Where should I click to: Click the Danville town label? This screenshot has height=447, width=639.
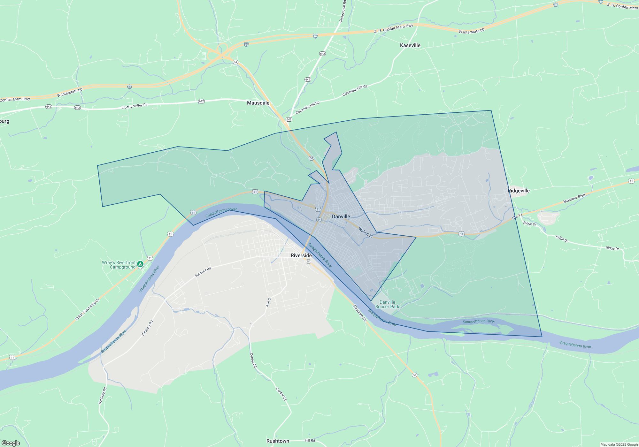pyautogui.click(x=341, y=216)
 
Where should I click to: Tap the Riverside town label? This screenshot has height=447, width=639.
pyautogui.click(x=301, y=255)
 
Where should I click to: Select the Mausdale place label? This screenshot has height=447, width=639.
pyautogui.click(x=258, y=103)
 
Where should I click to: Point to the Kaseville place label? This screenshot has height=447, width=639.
pyautogui.click(x=410, y=45)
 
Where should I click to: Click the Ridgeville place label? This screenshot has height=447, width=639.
pyautogui.click(x=519, y=191)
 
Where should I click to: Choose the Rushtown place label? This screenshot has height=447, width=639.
pyautogui.click(x=278, y=441)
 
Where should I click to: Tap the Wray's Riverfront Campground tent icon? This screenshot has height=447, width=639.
pyautogui.click(x=140, y=264)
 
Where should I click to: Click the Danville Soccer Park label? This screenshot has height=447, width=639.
pyautogui.click(x=387, y=304)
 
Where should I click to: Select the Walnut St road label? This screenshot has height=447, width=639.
pyautogui.click(x=366, y=232)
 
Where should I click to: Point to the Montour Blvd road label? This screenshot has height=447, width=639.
pyautogui.click(x=574, y=198)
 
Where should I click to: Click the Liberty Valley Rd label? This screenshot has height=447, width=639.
pyautogui.click(x=135, y=106)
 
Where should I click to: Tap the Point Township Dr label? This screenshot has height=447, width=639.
pyautogui.click(x=87, y=309)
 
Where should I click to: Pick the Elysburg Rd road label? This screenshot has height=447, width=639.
pyautogui.click(x=360, y=313)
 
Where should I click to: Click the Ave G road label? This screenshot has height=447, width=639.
pyautogui.click(x=268, y=302)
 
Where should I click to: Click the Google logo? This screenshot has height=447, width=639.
pyautogui.click(x=11, y=443)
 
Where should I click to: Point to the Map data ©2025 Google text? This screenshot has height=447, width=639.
pyautogui.click(x=619, y=444)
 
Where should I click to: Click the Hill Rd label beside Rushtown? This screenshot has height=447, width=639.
pyautogui.click(x=310, y=441)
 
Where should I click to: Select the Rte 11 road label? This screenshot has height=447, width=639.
pyautogui.click(x=517, y=216)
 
